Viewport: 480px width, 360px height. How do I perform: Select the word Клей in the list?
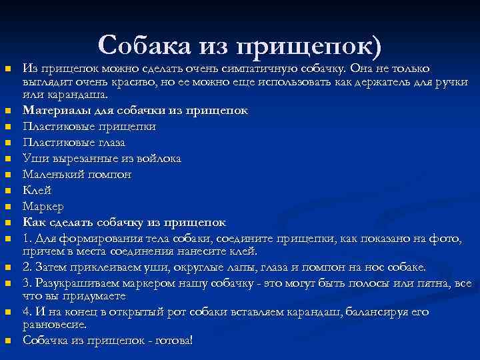point(37,190)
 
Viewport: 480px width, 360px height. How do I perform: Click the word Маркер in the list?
point(43,206)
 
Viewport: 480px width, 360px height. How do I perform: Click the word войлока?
point(157,158)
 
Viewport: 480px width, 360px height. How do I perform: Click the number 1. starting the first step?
point(28,238)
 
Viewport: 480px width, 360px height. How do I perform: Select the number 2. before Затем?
point(28,267)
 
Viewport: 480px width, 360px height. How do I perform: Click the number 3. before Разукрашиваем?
point(28,283)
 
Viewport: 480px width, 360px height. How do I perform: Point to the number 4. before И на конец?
point(28,312)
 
